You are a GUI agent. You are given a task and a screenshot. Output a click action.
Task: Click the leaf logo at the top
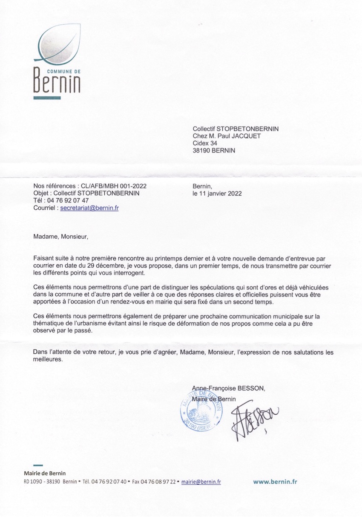click(x=59, y=43)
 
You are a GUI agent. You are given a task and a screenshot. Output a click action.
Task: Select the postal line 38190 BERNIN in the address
click(x=214, y=150)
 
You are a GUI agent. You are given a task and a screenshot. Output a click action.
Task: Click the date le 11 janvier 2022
click(x=217, y=193)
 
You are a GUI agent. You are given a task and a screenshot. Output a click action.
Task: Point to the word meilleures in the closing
click(x=48, y=359)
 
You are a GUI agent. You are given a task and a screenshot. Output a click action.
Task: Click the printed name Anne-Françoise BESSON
click(x=228, y=388)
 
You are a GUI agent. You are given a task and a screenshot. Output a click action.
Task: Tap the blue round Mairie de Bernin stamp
click(x=201, y=411)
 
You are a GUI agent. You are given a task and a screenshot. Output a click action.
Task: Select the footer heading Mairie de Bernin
click(x=45, y=473)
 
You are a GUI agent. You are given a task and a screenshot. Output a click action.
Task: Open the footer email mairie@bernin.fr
click(x=201, y=482)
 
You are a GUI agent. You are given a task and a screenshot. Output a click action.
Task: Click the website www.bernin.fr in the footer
click(x=275, y=482)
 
